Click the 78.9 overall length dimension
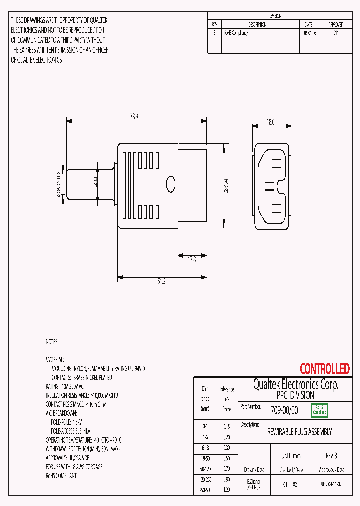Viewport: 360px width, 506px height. (x=134, y=116)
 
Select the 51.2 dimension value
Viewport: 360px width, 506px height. (x=161, y=282)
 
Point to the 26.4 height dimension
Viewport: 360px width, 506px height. (x=226, y=186)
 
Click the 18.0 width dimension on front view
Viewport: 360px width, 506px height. (x=271, y=121)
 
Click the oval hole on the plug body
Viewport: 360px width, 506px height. (x=171, y=184)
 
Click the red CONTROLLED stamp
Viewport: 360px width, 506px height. (x=325, y=369)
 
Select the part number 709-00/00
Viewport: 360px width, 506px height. (x=284, y=410)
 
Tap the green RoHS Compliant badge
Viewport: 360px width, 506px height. (x=319, y=410)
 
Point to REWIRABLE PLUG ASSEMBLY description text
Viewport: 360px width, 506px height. (x=299, y=432)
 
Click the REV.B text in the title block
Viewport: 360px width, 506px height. (x=331, y=456)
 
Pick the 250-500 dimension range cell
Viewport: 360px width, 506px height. (x=205, y=491)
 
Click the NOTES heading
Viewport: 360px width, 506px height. (x=52, y=342)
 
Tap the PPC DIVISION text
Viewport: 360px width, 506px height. (x=295, y=395)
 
